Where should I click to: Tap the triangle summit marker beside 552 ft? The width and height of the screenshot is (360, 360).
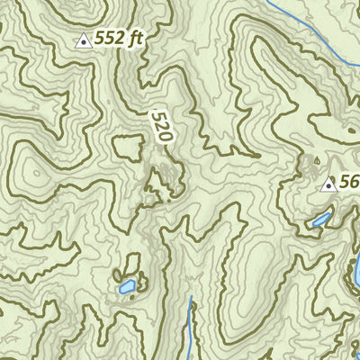click(x=84, y=40)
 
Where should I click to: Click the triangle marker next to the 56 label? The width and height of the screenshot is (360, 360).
click(x=328, y=185)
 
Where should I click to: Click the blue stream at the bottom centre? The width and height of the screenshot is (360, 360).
click(x=190, y=333)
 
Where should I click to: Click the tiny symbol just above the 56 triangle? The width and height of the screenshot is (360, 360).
click(x=316, y=163)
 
